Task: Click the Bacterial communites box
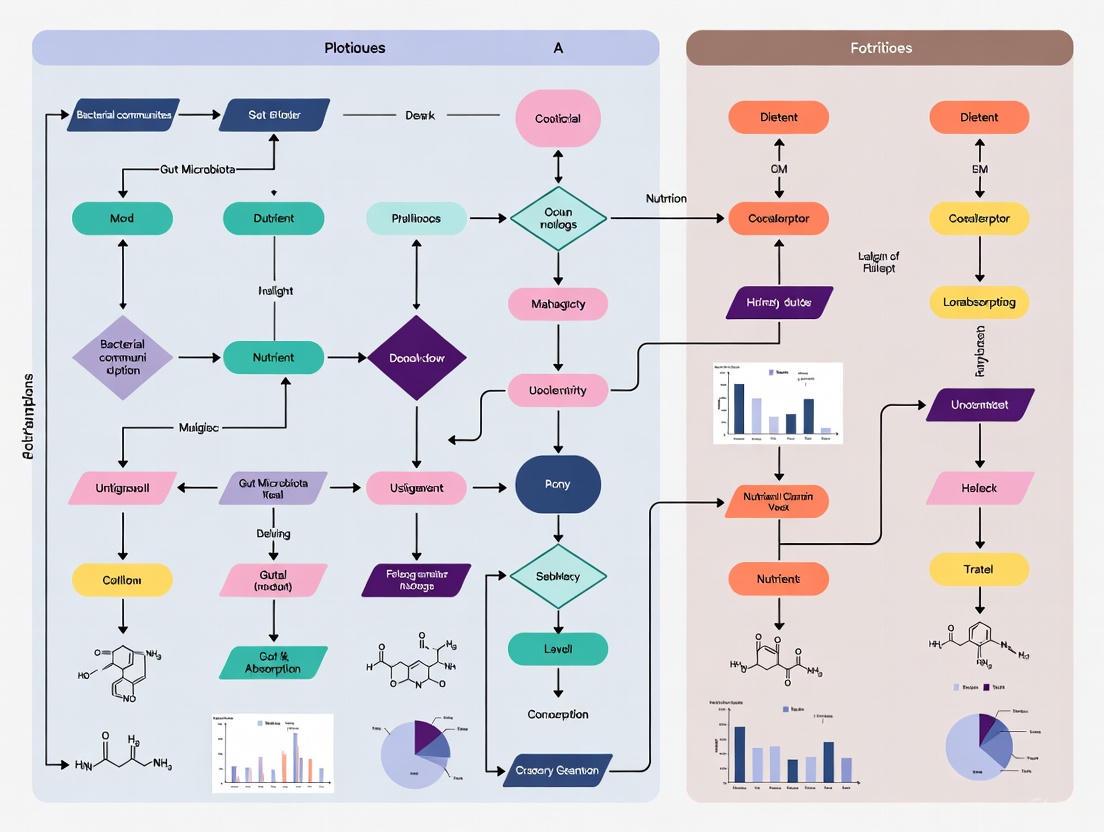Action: [x=123, y=115]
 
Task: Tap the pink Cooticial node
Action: [x=557, y=118]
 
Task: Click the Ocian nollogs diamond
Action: [x=558, y=217]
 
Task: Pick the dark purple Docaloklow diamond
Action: [x=417, y=357]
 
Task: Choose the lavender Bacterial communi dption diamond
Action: [x=122, y=357]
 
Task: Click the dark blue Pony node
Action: [x=557, y=485]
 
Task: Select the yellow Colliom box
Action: [x=122, y=579]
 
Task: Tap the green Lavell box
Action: [x=557, y=649]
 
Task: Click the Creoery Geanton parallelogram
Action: [x=556, y=770]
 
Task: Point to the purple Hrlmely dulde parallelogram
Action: [x=778, y=301]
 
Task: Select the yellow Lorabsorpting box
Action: [x=979, y=301]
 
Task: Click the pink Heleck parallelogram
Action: [x=979, y=488]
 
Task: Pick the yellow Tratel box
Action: [x=979, y=569]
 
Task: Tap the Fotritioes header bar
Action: [x=879, y=47]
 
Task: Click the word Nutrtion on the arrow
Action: [x=666, y=198]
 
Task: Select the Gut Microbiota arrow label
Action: [x=197, y=169]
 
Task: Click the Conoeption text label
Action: [x=557, y=714]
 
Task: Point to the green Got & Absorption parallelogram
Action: [x=272, y=662]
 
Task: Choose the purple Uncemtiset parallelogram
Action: [x=979, y=404]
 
